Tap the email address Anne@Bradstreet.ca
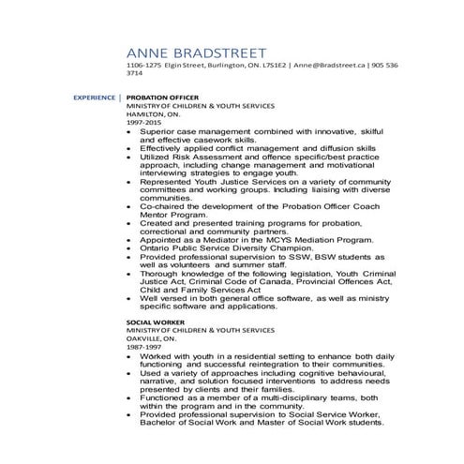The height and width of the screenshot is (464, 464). (x=333, y=66)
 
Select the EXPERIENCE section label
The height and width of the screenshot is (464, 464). (x=94, y=97)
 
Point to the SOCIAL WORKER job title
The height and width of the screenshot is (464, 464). (x=153, y=322)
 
